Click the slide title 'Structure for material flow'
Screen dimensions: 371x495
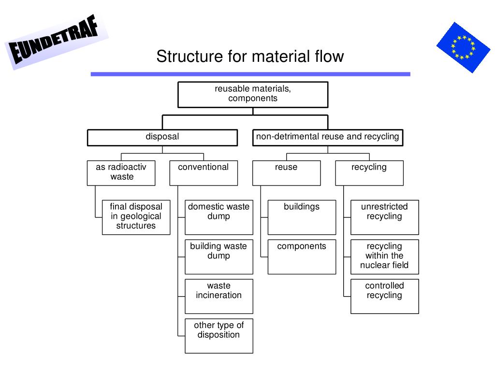coord(250,57)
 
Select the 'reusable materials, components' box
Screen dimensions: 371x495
coord(253,94)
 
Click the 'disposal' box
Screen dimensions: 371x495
coord(162,137)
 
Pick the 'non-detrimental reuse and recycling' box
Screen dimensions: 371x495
coord(328,137)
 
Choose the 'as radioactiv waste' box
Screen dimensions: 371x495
coord(121,172)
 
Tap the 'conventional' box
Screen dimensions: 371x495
coord(204,172)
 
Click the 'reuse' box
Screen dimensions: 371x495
coord(286,172)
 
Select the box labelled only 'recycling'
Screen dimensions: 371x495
coord(369,172)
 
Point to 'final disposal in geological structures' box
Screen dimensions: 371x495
coord(136,217)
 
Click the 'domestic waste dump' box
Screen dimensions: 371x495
coord(219,217)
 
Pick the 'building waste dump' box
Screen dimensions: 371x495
coord(219,257)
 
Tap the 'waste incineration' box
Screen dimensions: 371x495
coord(219,296)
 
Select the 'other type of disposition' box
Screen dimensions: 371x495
coord(219,336)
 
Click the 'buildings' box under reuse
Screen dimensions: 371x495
coord(302,217)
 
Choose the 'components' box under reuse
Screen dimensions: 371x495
coord(302,257)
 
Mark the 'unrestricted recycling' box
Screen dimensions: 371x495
coord(385,217)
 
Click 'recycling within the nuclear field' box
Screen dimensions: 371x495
coord(385,257)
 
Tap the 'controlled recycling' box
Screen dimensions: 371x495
coord(385,296)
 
